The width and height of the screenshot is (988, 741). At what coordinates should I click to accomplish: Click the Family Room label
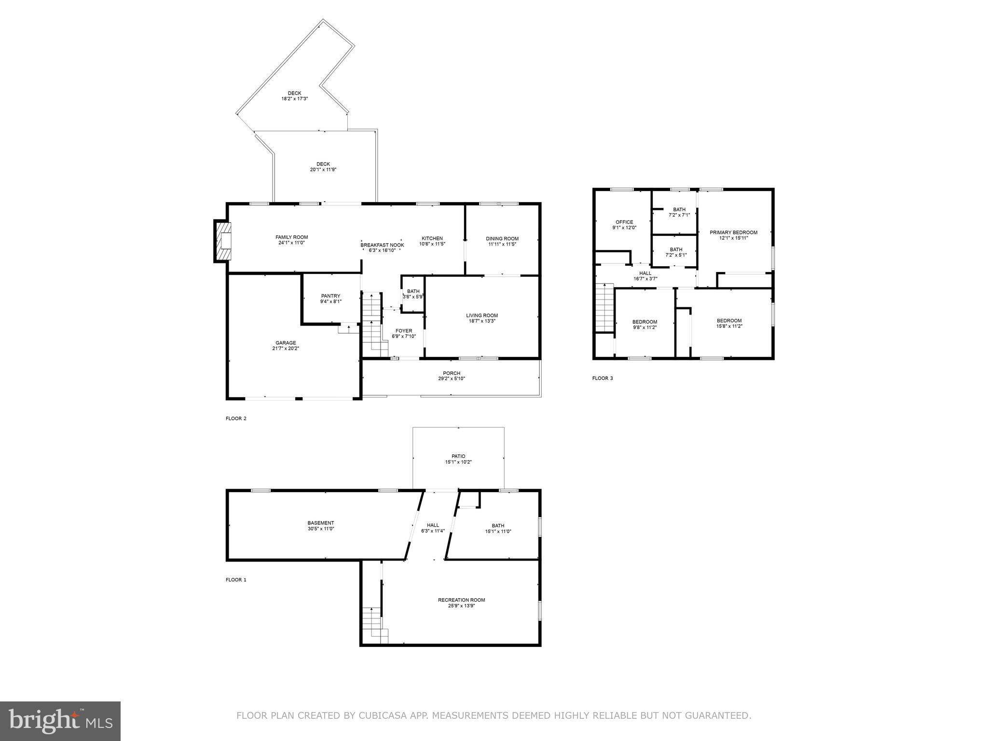coord(291,237)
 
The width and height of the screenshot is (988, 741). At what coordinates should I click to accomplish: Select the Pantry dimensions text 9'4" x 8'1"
coord(330,302)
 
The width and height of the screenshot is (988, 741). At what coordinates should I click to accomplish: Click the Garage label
coord(286,343)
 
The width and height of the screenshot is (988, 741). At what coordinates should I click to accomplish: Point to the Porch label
coord(452,373)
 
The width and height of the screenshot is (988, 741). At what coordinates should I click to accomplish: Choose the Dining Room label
coord(502,238)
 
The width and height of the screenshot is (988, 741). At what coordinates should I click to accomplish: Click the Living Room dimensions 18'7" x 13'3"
coord(481,321)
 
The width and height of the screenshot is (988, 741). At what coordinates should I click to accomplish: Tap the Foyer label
coord(404,331)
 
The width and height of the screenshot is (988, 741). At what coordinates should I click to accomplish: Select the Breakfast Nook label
coord(382,245)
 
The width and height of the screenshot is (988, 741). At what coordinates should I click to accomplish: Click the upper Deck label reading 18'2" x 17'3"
coord(294,99)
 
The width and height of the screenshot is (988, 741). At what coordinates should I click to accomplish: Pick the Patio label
coord(458,456)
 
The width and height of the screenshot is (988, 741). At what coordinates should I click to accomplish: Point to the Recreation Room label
coord(461,600)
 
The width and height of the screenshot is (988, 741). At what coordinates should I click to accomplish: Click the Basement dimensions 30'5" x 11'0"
coord(320,529)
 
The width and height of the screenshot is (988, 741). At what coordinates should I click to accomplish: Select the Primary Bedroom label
coord(733,232)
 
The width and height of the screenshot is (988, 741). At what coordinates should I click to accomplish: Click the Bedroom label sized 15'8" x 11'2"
coord(729,321)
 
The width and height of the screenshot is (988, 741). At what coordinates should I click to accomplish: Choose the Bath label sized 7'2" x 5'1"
coord(676,249)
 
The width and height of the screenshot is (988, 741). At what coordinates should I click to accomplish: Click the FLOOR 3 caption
coord(602,378)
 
